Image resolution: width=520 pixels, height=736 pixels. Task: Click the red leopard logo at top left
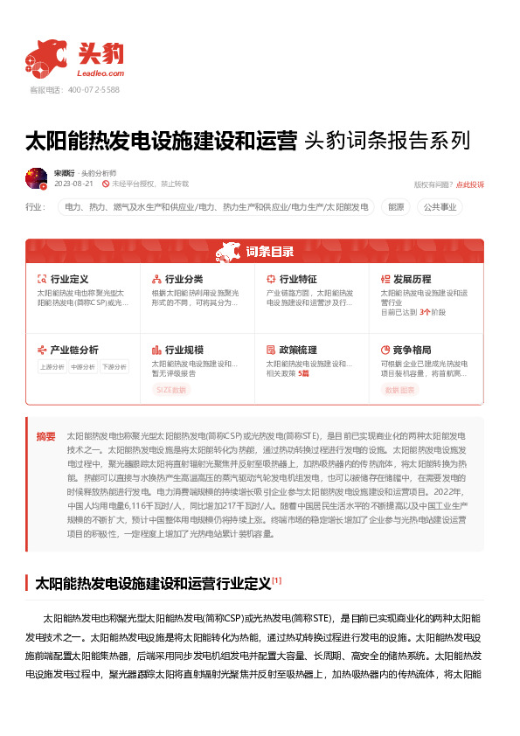[45, 57]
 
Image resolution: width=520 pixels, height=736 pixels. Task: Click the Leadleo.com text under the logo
[107, 74]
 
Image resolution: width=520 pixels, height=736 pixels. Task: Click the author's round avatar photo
[36, 178]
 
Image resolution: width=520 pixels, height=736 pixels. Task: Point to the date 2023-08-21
[73, 184]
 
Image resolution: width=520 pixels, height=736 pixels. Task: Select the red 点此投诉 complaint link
[470, 184]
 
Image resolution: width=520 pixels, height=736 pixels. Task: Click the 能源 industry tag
[396, 207]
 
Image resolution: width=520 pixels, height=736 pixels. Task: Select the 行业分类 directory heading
[184, 279]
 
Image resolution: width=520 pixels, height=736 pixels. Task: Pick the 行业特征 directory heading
[298, 279]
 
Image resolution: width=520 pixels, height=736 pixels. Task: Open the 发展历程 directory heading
[413, 279]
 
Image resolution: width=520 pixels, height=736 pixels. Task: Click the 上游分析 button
[52, 367]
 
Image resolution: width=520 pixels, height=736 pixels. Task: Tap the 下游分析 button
[114, 367]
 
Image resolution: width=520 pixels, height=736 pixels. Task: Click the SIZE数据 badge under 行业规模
[171, 390]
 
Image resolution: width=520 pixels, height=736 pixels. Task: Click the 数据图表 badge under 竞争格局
[400, 390]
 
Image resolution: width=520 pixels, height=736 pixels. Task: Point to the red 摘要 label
[45, 435]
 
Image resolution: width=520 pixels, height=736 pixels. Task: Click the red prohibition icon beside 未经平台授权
[106, 184]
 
